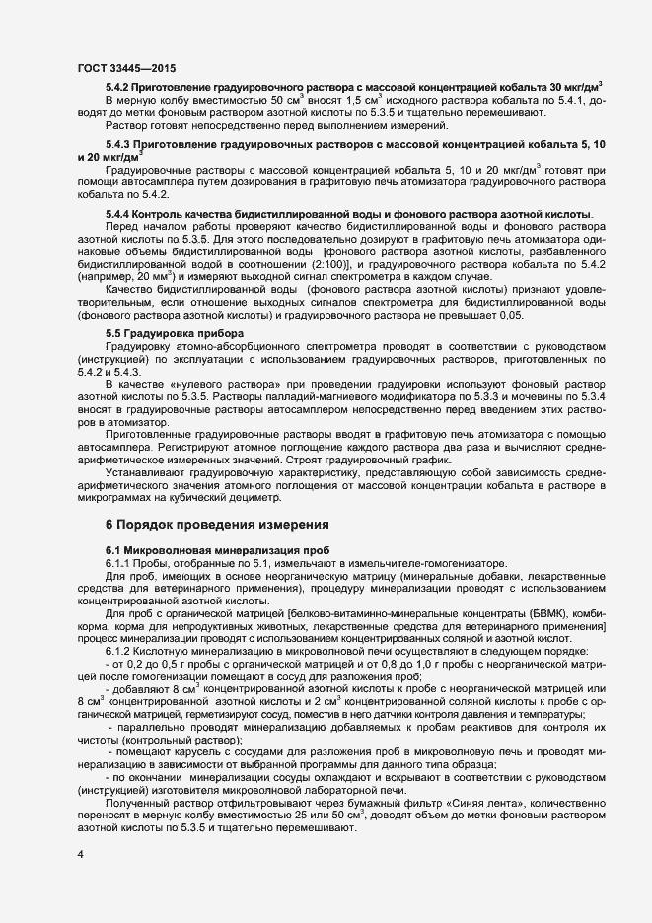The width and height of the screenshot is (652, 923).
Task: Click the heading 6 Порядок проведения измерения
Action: coord(211,525)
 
